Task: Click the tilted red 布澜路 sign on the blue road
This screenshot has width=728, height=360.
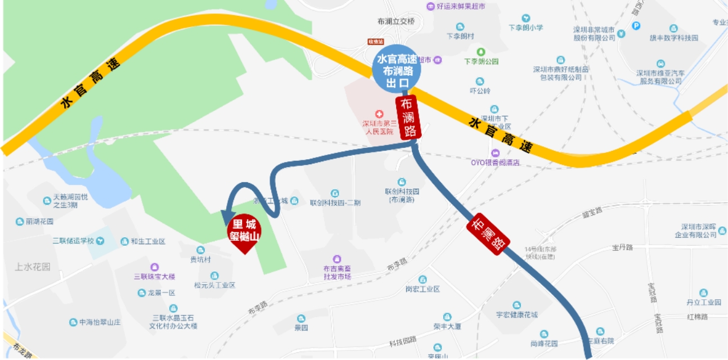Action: tap(488, 234)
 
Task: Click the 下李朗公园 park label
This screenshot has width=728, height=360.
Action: tap(481, 61)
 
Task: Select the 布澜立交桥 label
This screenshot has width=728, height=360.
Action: tap(396, 21)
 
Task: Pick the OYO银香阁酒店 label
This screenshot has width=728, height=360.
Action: tap(495, 163)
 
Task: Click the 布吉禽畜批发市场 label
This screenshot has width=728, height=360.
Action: tap(337, 272)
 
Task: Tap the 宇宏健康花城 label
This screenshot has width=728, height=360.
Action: tap(516, 314)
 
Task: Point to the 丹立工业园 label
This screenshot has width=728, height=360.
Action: tap(703, 302)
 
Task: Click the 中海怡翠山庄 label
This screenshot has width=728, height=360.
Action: tap(100, 322)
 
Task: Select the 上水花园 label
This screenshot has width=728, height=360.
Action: tap(33, 267)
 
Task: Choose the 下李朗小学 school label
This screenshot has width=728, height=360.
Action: tap(525, 27)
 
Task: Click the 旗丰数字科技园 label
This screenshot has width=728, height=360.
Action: tap(673, 38)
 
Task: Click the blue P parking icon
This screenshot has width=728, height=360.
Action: tap(636, 25)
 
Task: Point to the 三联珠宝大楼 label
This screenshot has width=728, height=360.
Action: tap(155, 276)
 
